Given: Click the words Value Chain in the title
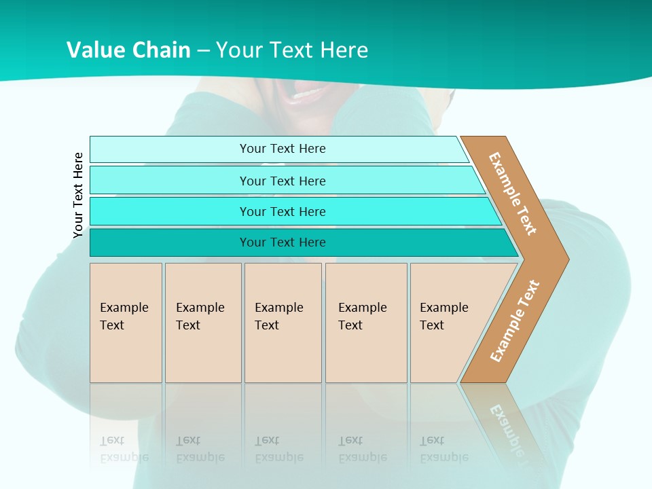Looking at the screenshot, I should (128, 50).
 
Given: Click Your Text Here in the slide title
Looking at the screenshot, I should (292, 50).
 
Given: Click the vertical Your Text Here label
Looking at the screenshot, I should (78, 195).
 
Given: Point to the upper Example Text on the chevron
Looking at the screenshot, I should (513, 194).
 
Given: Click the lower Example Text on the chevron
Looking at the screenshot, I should (515, 321).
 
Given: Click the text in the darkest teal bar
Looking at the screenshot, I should (283, 242).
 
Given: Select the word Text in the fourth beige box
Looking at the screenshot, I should (350, 325).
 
